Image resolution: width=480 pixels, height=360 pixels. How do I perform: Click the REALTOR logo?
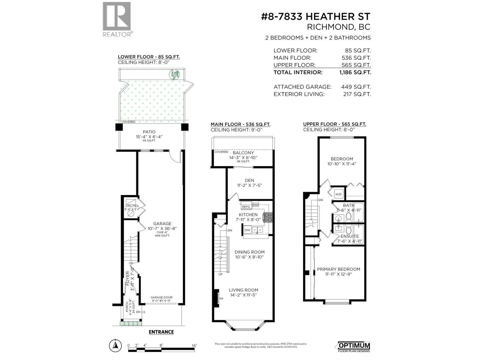coord(117,19)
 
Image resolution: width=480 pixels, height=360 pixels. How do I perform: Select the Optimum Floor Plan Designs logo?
coord(354,347)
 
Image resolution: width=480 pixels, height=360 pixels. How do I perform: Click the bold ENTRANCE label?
coord(161,332)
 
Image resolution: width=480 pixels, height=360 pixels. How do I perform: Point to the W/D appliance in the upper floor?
coord(338,194)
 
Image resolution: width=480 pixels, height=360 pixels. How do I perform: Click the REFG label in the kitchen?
coord(246,207)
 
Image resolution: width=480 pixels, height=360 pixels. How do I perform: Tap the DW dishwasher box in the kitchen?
coord(247,230)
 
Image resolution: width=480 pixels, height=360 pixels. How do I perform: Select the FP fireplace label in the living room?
coord(221,299)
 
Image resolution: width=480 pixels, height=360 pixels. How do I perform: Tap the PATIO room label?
coord(149,132)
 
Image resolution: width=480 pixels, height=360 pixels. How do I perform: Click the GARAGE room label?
coord(162,223)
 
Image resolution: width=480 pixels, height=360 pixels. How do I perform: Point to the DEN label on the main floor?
coord(249,181)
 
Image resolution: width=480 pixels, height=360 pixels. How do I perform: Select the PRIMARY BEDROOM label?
coord(338,269)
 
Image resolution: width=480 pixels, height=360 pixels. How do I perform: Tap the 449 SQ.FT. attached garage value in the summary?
coord(356,87)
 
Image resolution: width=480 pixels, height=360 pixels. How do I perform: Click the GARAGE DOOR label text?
coord(161,298)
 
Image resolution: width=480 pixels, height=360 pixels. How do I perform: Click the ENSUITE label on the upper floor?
coord(349,236)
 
